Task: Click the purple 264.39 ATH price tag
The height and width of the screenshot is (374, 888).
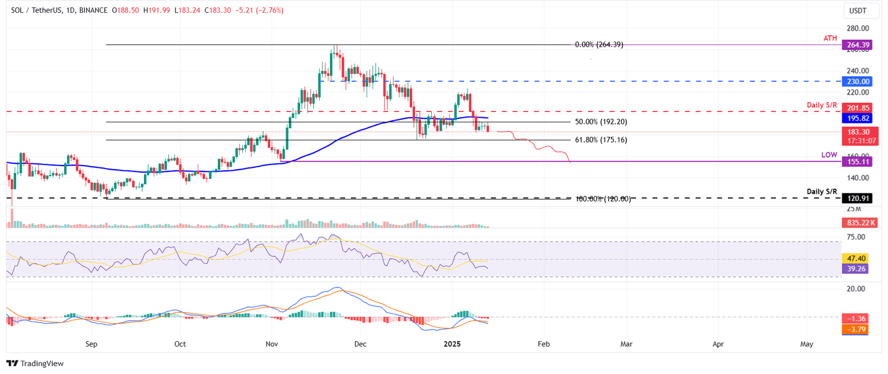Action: click(x=856, y=44)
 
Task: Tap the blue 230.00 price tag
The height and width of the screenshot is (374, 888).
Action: click(x=856, y=81)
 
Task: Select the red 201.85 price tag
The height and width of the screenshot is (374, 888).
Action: click(x=856, y=108)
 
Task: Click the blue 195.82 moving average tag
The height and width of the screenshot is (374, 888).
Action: click(x=856, y=118)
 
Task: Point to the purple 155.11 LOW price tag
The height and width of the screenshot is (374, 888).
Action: click(x=856, y=162)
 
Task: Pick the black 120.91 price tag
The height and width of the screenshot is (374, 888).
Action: click(x=856, y=198)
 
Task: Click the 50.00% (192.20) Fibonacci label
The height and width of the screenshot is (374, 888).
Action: click(x=601, y=122)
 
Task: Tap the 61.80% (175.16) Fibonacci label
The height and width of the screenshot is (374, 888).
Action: click(x=601, y=140)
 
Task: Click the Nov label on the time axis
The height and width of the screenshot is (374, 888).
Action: click(x=272, y=344)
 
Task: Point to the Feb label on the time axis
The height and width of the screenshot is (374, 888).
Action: click(x=543, y=344)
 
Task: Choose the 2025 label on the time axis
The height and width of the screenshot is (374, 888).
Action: click(x=452, y=344)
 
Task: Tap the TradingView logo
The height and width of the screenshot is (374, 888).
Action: click(x=35, y=363)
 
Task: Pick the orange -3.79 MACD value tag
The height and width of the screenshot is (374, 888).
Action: click(x=856, y=329)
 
